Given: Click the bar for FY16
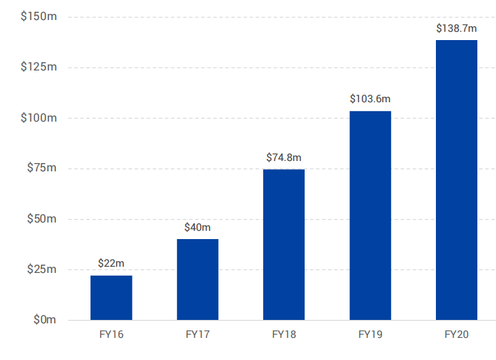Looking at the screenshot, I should point(111,298).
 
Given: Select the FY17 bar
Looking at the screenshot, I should point(198,279).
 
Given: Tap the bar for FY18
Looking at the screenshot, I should point(284,245).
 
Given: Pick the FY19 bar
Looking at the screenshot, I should point(370,216).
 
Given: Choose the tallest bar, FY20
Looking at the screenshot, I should point(457,180).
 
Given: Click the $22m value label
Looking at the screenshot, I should point(111,263).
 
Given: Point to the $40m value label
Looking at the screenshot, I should point(198,227).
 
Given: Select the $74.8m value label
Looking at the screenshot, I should point(284,157).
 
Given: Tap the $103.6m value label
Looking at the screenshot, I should point(370,99).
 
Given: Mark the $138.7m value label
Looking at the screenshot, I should point(457,28).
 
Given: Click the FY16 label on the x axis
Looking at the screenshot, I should point(111,335).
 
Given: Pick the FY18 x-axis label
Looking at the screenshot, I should point(284,335).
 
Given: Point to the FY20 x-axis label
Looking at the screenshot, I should point(457,335).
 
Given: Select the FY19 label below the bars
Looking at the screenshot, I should point(370,335).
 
